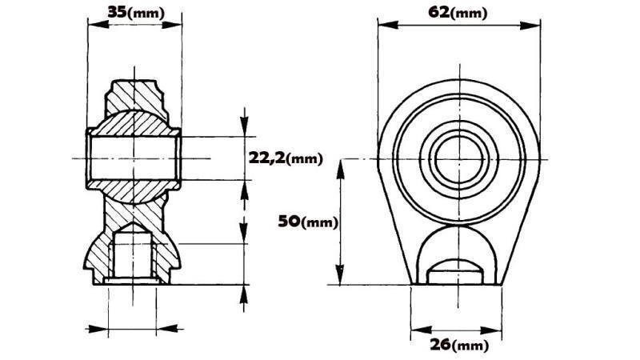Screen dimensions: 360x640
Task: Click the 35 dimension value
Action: [x=117, y=12]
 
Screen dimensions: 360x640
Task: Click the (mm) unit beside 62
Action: [x=470, y=13]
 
